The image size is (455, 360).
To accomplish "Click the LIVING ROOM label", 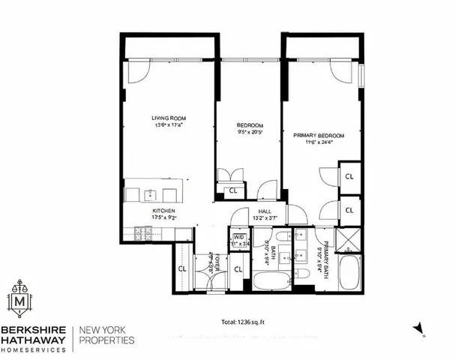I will (x=169, y=118).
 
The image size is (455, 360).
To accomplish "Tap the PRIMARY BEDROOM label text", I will (x=319, y=136).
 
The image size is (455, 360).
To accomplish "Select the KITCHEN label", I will (x=164, y=211).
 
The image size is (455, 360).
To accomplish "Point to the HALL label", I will (x=265, y=212).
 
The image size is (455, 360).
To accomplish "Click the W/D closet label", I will (x=238, y=238).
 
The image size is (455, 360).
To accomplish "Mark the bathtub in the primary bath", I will (x=349, y=274).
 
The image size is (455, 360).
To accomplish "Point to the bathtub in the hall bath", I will (x=269, y=281).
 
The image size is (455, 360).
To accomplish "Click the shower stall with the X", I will (x=349, y=239).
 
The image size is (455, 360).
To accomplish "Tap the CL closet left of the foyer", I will (x=182, y=268).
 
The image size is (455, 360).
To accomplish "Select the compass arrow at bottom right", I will (x=419, y=328).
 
